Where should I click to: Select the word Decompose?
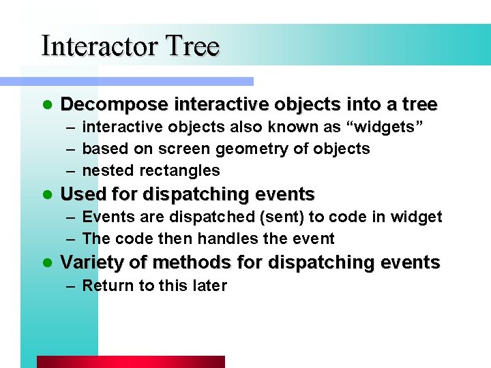115,105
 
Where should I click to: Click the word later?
209,286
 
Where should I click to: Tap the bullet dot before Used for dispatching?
46,195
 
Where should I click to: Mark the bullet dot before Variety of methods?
46,263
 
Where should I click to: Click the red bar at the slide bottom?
130,362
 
